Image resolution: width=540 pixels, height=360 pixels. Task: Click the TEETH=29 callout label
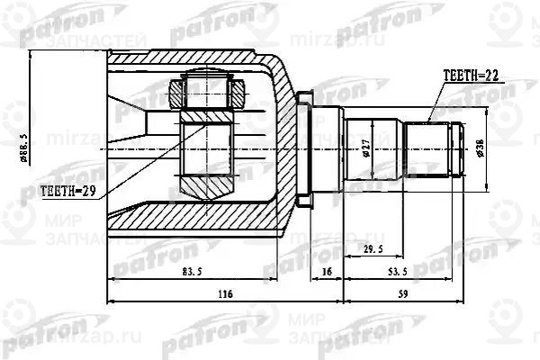[x=69, y=191]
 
